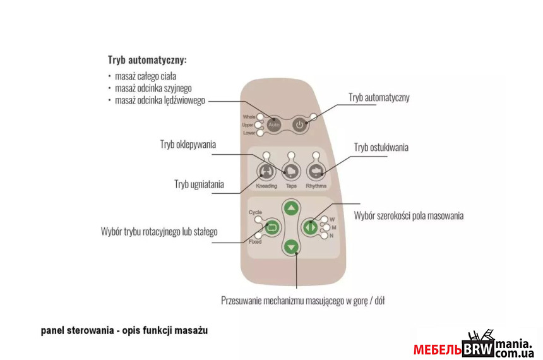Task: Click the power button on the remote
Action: point(300,124)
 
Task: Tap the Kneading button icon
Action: point(266,172)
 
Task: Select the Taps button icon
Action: point(291,172)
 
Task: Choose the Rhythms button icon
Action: point(316,172)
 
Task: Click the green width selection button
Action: point(310,227)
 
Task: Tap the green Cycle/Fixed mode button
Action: point(272,227)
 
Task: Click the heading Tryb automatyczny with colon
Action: point(147,61)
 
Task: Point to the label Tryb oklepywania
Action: point(188,145)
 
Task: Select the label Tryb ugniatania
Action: point(199,184)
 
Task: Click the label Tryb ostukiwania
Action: point(381,147)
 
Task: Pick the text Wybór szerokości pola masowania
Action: point(409,216)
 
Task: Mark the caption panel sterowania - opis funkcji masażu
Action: point(124,330)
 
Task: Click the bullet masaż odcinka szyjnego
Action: point(153,88)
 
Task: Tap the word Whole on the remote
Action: point(249,117)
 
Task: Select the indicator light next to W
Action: point(325,220)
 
